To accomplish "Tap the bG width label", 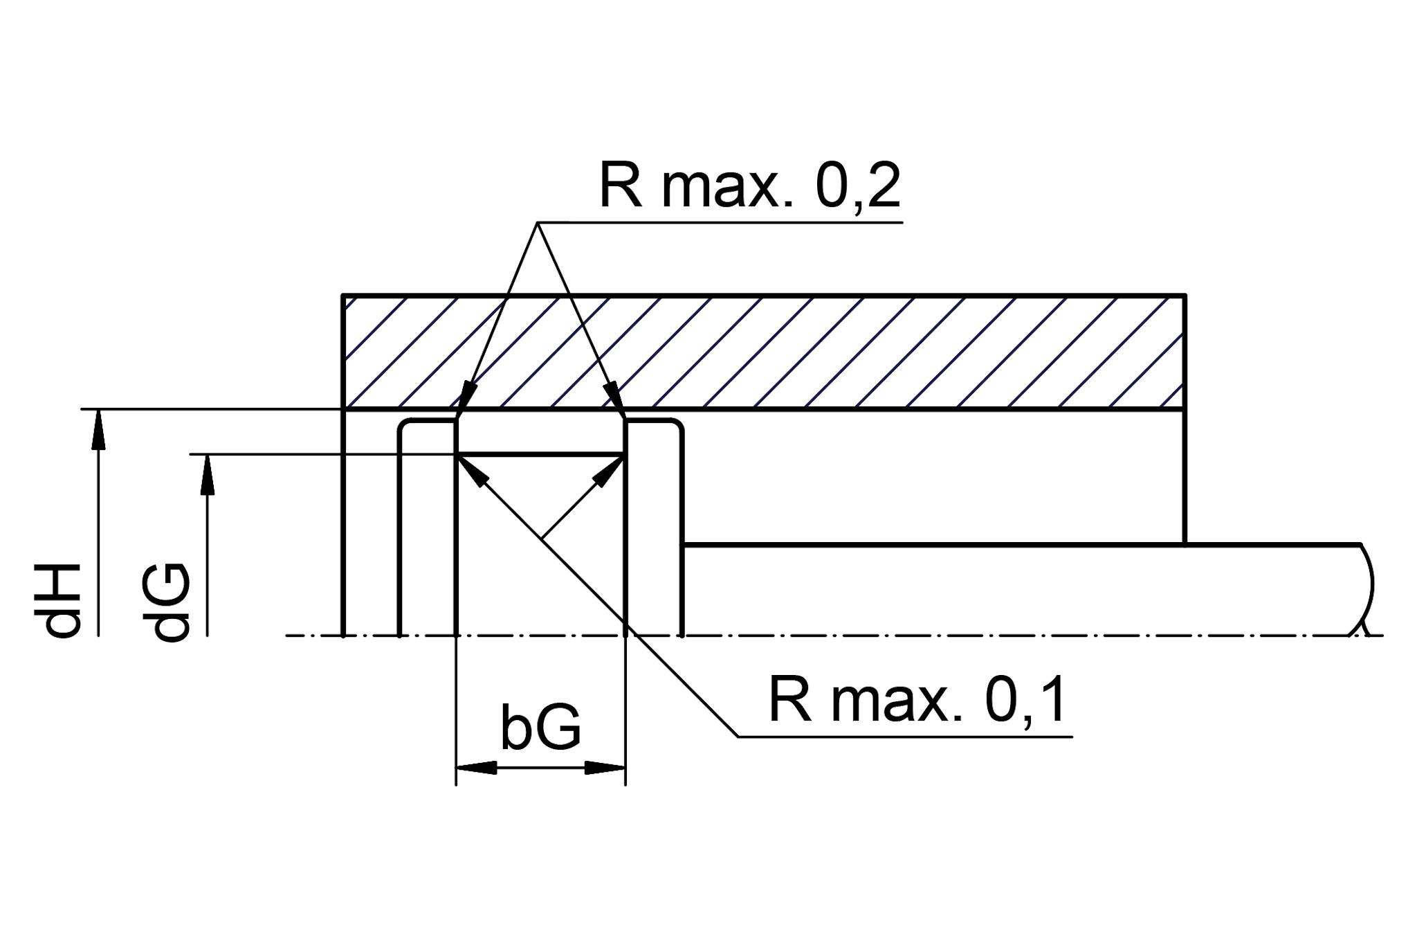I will (540, 729).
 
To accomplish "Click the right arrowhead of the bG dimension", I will (605, 768).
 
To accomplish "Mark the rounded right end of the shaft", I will (1366, 588).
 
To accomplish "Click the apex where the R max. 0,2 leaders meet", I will (538, 223).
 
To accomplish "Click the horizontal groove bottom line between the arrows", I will (540, 455).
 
